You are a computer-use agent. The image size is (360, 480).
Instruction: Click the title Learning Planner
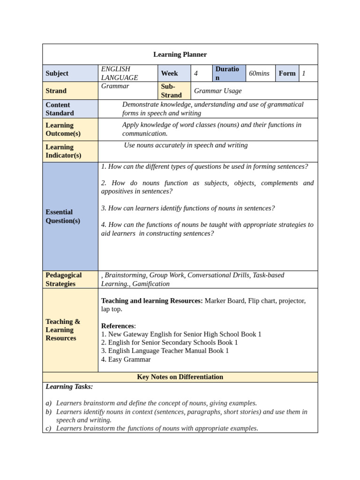click(x=180, y=54)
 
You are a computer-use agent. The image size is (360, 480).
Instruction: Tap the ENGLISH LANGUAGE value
click(x=120, y=73)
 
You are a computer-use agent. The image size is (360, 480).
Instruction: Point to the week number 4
click(x=196, y=73)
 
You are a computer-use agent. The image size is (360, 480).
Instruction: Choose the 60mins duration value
click(x=259, y=73)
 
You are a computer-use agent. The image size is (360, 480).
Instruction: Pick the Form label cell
click(x=287, y=73)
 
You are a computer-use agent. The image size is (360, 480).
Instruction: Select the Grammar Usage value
click(x=218, y=90)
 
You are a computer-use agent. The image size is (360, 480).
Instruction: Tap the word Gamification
click(x=151, y=284)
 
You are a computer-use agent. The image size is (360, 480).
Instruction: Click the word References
click(x=118, y=326)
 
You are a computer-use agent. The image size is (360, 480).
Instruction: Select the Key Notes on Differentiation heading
click(x=180, y=377)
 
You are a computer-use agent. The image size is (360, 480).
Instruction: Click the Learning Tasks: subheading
click(x=69, y=387)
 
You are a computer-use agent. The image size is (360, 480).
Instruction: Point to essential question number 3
click(x=188, y=208)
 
